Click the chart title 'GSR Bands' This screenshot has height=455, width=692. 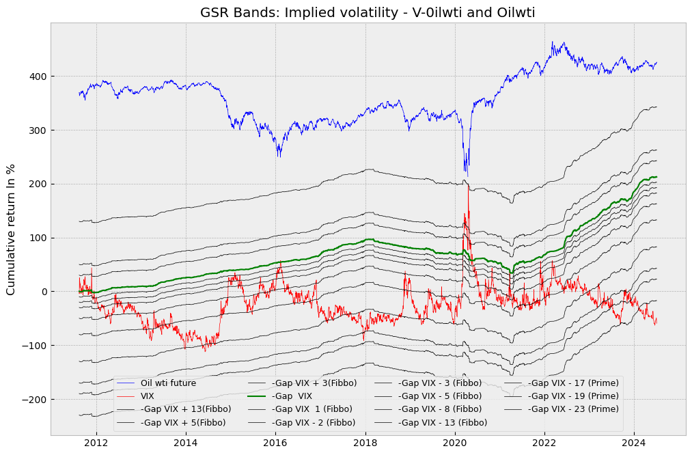pos(368,12)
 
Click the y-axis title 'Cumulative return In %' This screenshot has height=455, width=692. pos(11,229)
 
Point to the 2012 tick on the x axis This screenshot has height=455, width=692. pos(96,443)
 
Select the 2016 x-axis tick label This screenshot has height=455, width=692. pos(275,443)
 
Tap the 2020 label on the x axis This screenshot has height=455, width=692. pos(455,443)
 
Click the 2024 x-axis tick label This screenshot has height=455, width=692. pos(634,443)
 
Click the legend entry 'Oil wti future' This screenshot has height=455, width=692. pos(168,383)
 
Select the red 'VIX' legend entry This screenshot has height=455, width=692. pos(148,396)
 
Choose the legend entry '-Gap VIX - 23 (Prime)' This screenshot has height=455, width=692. pos(573,409)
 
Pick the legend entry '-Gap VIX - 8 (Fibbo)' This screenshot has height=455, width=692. pos(440,409)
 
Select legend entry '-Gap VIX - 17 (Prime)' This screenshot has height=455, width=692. pos(573,383)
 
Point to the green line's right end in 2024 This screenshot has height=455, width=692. pos(656,177)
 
